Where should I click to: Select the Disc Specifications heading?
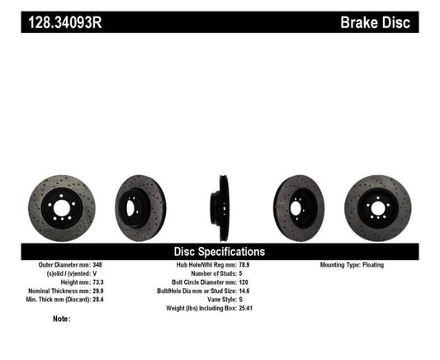point(219,251)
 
